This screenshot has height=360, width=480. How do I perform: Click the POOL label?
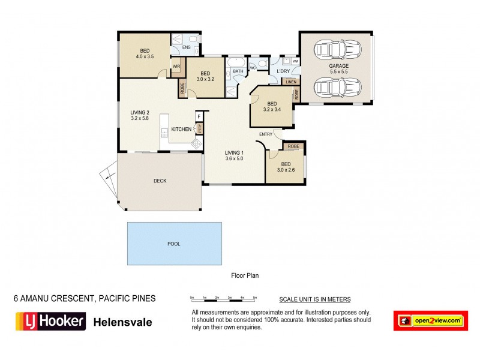coord(174,244)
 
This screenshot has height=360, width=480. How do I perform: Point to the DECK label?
coord(160,181)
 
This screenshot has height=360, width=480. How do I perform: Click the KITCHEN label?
coord(181,129)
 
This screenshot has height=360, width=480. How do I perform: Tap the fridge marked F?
coord(199,116)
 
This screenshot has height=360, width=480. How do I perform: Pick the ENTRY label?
coord(266,134)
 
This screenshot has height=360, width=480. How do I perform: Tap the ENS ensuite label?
coord(187,47)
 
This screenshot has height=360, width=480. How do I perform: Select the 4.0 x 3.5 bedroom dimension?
coord(146,56)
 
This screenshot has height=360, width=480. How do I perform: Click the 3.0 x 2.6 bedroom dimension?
coord(286,170)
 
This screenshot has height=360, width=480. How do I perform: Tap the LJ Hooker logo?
coord(50,321)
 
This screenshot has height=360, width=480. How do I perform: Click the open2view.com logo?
coord(430,321)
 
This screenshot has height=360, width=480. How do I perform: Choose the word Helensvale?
coord(123,322)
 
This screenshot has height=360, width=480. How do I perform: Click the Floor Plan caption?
coord(245,276)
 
